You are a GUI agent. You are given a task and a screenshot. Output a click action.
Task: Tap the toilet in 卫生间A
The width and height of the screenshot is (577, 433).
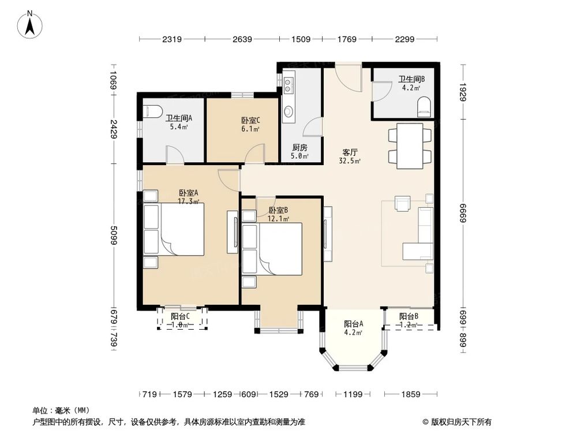152,111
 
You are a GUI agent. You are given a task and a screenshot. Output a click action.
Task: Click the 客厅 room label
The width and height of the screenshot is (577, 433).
350,156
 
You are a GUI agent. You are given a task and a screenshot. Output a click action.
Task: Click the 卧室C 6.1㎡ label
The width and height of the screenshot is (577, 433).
250,124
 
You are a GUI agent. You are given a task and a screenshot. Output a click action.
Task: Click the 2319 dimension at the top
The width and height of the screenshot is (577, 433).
172,39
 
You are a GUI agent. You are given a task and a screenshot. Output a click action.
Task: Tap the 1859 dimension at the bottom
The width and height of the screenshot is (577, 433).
411,394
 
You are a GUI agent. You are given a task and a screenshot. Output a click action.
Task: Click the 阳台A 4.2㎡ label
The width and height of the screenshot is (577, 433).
353,328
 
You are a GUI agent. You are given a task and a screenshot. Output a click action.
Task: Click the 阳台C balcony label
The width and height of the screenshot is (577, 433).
180,320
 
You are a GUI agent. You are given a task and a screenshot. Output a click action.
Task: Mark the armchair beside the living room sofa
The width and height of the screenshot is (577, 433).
402,203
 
